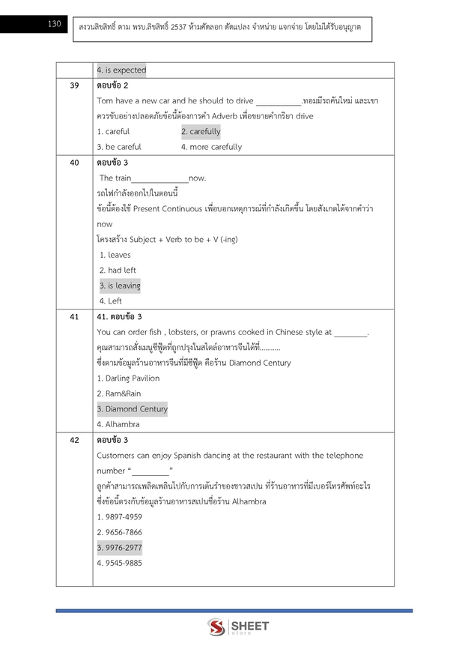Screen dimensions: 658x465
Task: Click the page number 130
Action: click(53, 24)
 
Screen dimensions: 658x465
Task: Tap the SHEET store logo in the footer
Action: click(238, 627)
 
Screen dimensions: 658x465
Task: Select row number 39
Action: click(74, 85)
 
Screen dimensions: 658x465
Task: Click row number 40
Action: click(74, 163)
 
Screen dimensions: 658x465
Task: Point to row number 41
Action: click(74, 317)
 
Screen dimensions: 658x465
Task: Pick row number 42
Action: click(74, 440)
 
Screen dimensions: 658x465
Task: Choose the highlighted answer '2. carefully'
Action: click(201, 132)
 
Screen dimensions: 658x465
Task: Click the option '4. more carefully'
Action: click(211, 147)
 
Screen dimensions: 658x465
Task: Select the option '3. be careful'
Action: click(119, 147)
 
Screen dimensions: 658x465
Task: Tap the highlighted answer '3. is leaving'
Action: click(119, 286)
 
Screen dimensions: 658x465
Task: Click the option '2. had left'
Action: click(118, 270)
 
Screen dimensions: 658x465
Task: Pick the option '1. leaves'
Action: click(115, 255)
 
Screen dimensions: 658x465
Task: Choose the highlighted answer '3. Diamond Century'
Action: click(132, 409)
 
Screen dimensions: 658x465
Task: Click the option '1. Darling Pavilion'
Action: click(128, 378)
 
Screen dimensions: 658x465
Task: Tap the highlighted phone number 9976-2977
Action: click(119, 547)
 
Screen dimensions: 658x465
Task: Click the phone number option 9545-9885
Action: click(119, 563)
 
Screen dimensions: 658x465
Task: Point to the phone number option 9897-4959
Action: click(119, 517)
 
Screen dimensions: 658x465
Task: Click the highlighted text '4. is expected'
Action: click(121, 70)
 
